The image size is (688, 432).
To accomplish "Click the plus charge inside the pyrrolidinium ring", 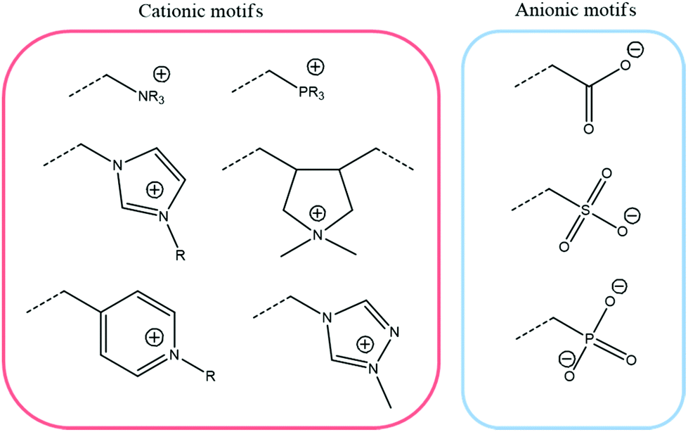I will coord(318,211).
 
